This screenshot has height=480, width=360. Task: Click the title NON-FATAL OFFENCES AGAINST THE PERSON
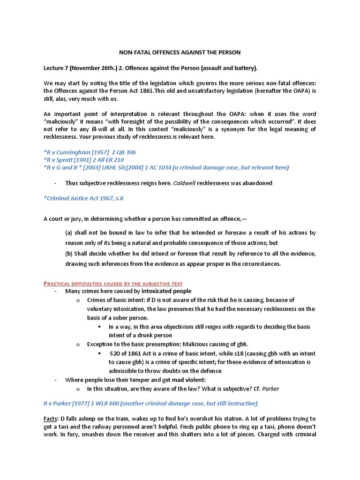pos(180,52)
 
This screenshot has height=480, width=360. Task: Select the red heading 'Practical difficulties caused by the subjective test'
pos(113,284)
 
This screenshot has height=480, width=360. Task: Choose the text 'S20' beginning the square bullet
pos(115,353)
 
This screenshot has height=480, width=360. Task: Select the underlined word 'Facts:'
pos(52,418)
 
